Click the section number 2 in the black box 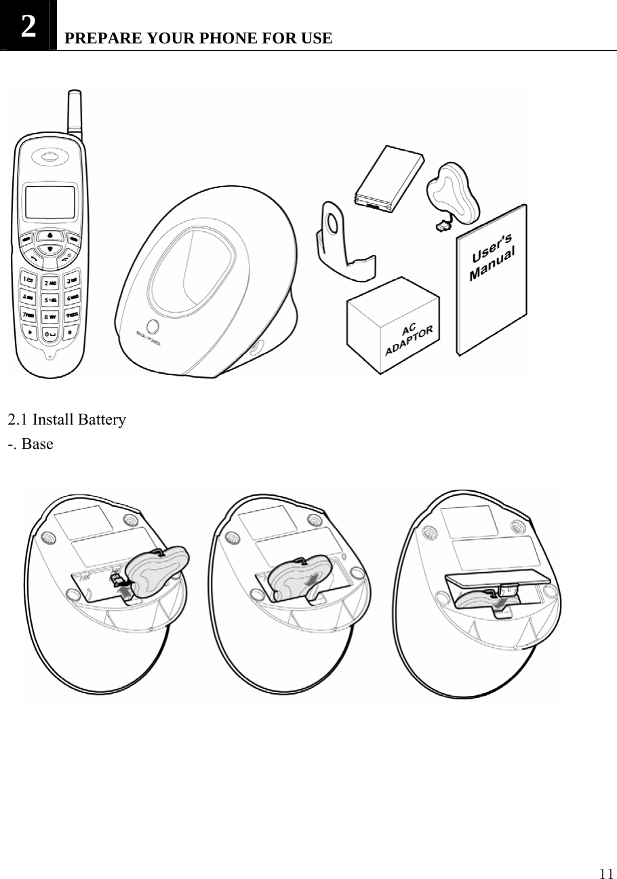[x=28, y=26]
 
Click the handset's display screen [x=49, y=202]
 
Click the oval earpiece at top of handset [x=49, y=156]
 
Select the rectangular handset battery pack [x=389, y=178]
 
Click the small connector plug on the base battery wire [x=444, y=225]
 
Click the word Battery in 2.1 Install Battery [x=102, y=420]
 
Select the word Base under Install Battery [x=37, y=445]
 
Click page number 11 [x=605, y=872]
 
